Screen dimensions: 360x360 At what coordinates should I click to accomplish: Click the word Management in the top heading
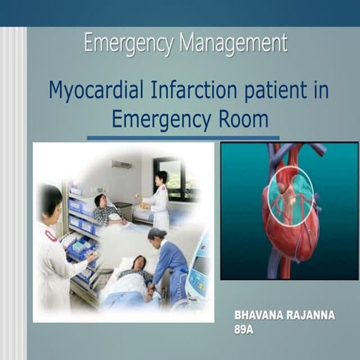coord(233,44)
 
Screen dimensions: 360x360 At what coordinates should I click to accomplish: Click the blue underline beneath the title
coord(183,138)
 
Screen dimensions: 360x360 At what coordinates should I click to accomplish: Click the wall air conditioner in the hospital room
coord(121,163)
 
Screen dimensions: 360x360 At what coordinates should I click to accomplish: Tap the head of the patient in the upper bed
coord(100,200)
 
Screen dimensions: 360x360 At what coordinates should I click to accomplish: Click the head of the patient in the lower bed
coord(139,262)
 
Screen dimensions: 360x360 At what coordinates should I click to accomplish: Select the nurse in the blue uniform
coord(168,259)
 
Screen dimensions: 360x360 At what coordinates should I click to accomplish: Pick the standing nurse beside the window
coord(159,199)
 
